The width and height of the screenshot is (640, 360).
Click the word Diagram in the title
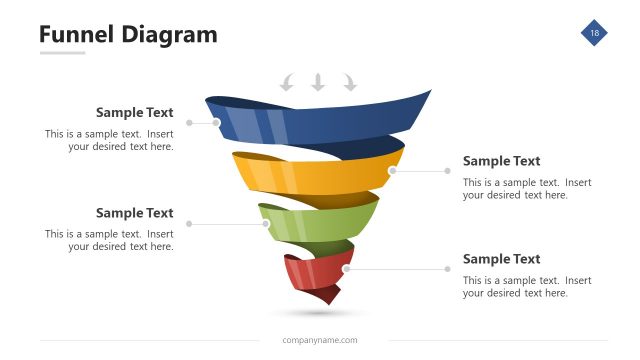tap(169, 35)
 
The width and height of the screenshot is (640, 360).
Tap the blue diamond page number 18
tap(594, 34)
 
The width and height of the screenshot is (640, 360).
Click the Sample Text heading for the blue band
tap(134, 113)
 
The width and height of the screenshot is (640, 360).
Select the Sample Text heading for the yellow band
tap(501, 161)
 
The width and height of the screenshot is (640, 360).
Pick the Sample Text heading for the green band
tap(134, 213)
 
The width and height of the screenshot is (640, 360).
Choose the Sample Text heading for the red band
tap(501, 259)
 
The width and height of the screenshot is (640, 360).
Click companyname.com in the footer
tap(320, 340)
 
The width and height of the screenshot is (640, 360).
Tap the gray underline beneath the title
tap(62, 53)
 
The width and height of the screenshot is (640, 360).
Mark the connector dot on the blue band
tap(217, 123)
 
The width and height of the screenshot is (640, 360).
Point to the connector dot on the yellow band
tap(392, 171)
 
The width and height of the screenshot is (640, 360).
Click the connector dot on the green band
tap(266, 224)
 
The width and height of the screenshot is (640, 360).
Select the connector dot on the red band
tap(346, 268)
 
